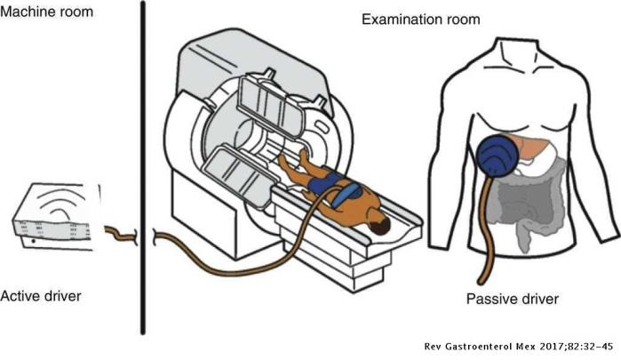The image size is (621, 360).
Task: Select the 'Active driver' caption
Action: coord(42,294)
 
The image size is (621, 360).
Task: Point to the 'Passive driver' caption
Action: coord(510,298)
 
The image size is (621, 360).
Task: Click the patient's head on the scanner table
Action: coord(380,228)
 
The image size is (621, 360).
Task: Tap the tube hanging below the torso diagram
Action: coord(485,253)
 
